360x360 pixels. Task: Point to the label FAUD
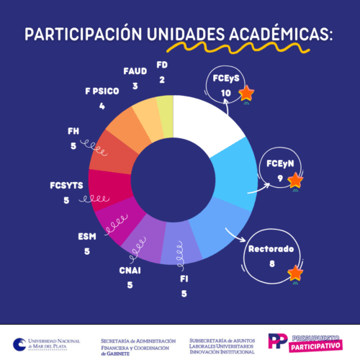click(135, 71)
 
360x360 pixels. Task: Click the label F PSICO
click(102, 92)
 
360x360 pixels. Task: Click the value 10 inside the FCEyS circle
click(225, 94)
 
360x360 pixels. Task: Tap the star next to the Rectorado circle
click(294, 273)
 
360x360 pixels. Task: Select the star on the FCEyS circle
click(246, 94)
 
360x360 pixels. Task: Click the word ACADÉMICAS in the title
click(273, 35)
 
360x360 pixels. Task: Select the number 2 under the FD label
click(162, 80)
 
